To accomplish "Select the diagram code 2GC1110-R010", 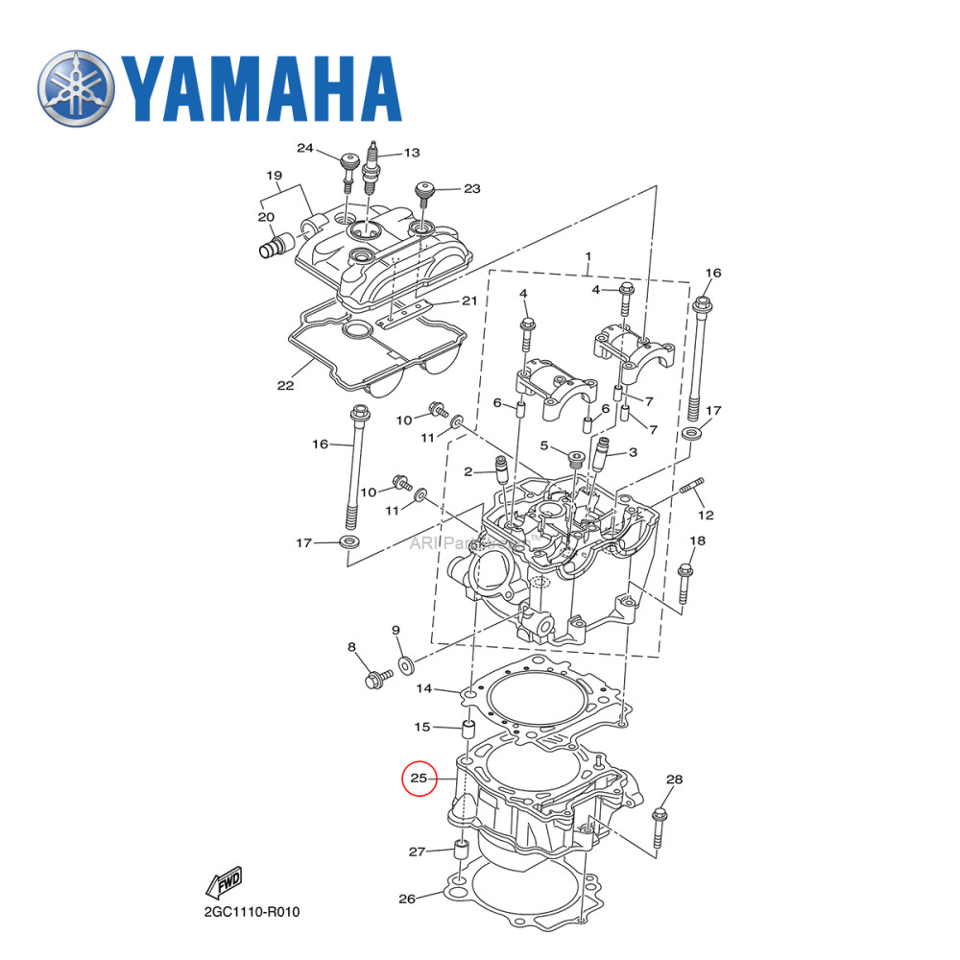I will [252, 910].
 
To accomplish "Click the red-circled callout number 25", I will [419, 778].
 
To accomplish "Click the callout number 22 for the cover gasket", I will [285, 385].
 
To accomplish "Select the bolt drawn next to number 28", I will [659, 828].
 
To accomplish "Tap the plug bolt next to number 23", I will [422, 195].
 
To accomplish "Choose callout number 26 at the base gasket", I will [407, 900].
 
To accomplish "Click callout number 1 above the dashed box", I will [588, 257].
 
